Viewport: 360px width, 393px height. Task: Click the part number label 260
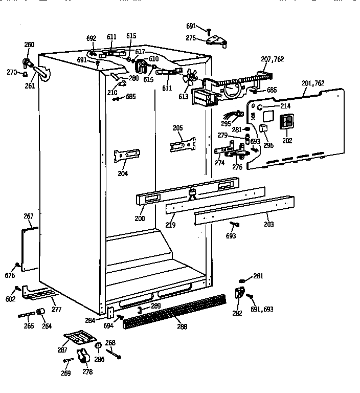pyautogui.click(x=29, y=45)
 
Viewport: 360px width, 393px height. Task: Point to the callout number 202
pyautogui.click(x=287, y=141)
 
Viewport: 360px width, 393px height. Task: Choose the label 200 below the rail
pyautogui.click(x=140, y=219)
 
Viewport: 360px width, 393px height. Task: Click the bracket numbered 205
pyautogui.click(x=183, y=145)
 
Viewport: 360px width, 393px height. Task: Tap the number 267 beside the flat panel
pyautogui.click(x=29, y=216)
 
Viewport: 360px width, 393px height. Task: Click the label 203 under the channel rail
pyautogui.click(x=268, y=224)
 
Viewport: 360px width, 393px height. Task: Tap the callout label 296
pyautogui.click(x=268, y=145)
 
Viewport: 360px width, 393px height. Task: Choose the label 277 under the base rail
pyautogui.click(x=56, y=310)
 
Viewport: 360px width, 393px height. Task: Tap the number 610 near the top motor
pyautogui.click(x=153, y=59)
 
